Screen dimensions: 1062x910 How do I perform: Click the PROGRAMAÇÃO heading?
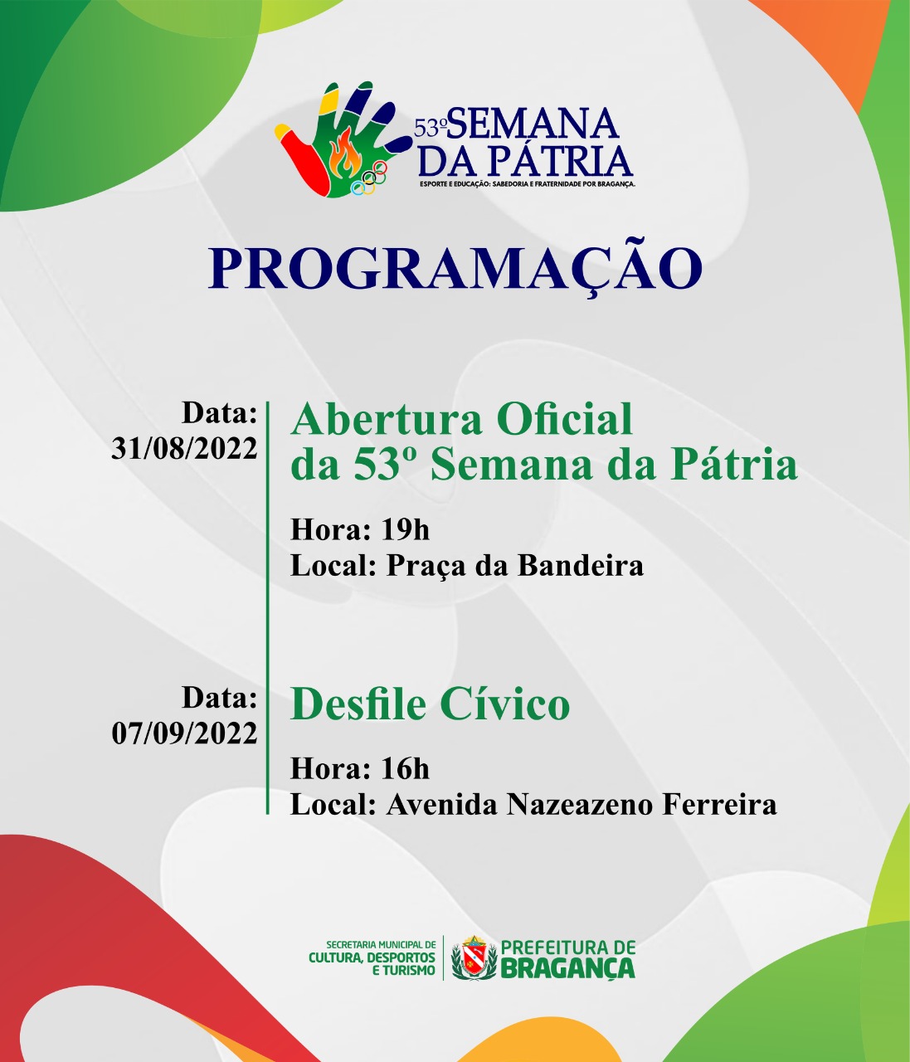455,267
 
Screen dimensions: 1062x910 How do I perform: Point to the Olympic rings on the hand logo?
370,178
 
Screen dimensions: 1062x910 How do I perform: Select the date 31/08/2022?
184,448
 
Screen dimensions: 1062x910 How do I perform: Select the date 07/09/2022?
184,733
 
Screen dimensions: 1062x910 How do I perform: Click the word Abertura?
380,419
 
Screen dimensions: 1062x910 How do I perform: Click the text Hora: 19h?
360,529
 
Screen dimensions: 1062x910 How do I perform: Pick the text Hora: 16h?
360,769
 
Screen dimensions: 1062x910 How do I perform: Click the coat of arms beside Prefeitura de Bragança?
474,958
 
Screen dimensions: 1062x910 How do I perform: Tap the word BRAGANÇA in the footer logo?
568,968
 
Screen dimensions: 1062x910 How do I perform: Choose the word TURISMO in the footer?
403,970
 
